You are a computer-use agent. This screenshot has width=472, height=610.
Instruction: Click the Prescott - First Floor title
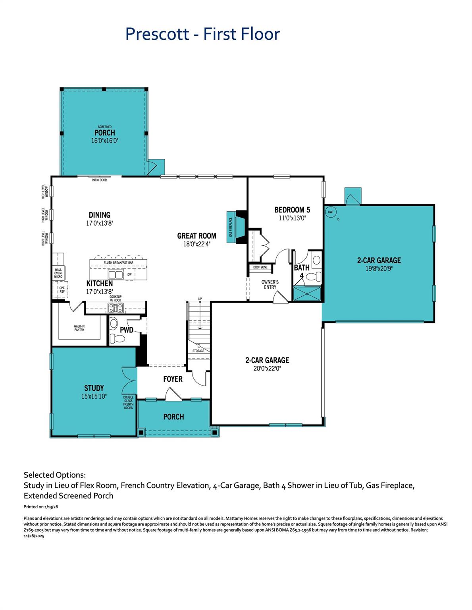coord(202,34)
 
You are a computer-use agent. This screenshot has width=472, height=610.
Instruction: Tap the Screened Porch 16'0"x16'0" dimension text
coord(105,141)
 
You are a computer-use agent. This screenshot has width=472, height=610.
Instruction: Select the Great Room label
coord(197,236)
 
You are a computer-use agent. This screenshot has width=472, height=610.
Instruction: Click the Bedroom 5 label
coord(292,210)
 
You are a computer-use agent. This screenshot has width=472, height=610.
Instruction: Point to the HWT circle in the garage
coord(331,212)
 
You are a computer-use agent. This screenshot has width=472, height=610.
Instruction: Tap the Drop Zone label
coord(260,267)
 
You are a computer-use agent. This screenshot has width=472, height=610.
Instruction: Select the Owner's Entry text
coord(270,284)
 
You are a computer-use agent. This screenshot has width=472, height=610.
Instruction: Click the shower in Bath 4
coord(306,294)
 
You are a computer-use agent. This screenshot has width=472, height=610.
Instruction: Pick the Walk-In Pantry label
coord(79,328)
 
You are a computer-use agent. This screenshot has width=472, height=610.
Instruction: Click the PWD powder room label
coord(127,330)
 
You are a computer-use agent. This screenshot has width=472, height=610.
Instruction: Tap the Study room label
coord(94,388)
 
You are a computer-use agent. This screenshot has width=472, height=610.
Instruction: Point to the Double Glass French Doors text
coord(128,402)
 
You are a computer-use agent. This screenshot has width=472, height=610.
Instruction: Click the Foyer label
coord(173,379)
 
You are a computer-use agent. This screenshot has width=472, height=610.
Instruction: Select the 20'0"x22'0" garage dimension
coord(267,368)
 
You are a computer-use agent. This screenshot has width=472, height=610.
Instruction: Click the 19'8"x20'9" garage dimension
coord(379,268)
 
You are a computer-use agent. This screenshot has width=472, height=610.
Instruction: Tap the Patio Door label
coord(99,180)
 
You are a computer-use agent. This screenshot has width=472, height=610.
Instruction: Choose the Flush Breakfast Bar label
coord(118,263)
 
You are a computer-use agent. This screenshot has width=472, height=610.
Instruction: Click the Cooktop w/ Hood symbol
coord(116,307)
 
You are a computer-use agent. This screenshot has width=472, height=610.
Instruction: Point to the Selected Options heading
coord(55,475)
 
